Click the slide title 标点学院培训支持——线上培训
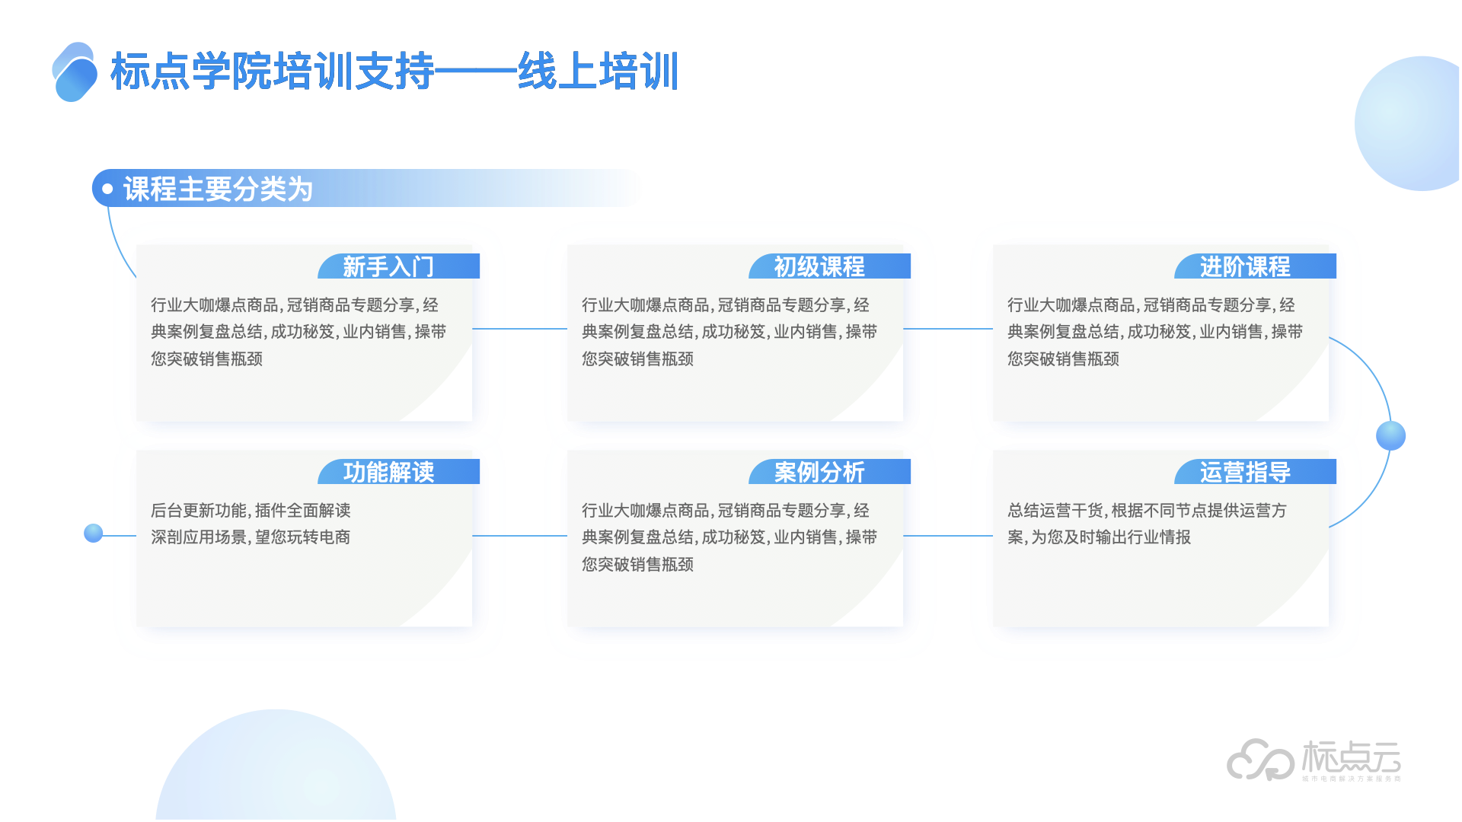coord(394,72)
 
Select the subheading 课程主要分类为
coord(218,189)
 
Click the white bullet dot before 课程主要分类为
coord(107,189)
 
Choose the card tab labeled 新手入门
coord(388,266)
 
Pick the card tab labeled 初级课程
coord(819,266)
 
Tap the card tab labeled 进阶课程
coord(1245,266)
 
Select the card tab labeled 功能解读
coord(388,472)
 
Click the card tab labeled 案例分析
coord(819,472)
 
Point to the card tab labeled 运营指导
coord(1245,472)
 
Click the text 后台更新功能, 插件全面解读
coord(251,510)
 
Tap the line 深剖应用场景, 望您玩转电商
coord(251,537)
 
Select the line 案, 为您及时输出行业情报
coord(1099,537)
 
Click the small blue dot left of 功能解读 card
coord(94,533)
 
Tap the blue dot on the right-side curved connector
coord(1390,435)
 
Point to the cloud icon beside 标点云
coord(1259,760)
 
